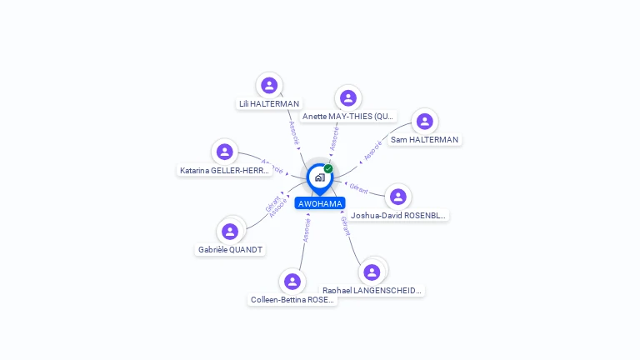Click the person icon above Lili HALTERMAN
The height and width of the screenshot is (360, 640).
[269, 85]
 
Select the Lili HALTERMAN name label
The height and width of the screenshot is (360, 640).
[269, 104]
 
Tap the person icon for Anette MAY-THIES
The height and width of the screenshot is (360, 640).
[348, 98]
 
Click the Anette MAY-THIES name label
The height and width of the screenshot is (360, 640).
[348, 117]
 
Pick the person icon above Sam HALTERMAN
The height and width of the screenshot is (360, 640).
[425, 122]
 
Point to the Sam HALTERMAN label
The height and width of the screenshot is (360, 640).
[425, 140]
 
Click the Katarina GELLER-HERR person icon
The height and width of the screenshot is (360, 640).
[224, 152]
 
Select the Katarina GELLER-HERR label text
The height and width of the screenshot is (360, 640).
[225, 171]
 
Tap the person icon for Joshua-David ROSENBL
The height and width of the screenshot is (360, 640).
[398, 197]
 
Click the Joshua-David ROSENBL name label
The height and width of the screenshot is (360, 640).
[398, 215]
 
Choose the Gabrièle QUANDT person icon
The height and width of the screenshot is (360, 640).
[230, 231]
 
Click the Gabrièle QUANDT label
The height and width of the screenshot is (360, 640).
[230, 250]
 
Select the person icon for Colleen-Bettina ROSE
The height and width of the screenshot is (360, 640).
[292, 282]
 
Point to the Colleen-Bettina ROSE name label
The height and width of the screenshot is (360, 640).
[292, 300]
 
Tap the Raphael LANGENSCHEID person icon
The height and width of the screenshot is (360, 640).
[372, 272]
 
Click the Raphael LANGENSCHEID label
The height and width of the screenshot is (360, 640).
[372, 291]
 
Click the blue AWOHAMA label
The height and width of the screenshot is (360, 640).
[319, 203]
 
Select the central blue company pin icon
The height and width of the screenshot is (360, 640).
[319, 177]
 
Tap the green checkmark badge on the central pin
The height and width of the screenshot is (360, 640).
[328, 168]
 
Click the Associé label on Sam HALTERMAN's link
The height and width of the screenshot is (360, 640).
[372, 150]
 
